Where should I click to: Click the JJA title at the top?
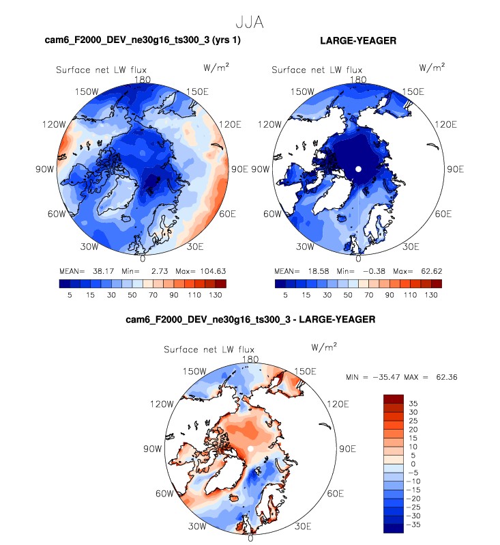point(249,22)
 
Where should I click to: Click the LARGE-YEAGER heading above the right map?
point(357,41)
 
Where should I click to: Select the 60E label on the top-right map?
point(443,214)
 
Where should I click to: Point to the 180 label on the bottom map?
point(250,359)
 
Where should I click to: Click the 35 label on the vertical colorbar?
point(413,403)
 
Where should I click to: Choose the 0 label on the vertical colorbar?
point(412,465)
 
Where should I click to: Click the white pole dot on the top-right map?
point(357,169)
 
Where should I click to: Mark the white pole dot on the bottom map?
point(250,448)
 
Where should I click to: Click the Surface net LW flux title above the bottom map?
point(208,350)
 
